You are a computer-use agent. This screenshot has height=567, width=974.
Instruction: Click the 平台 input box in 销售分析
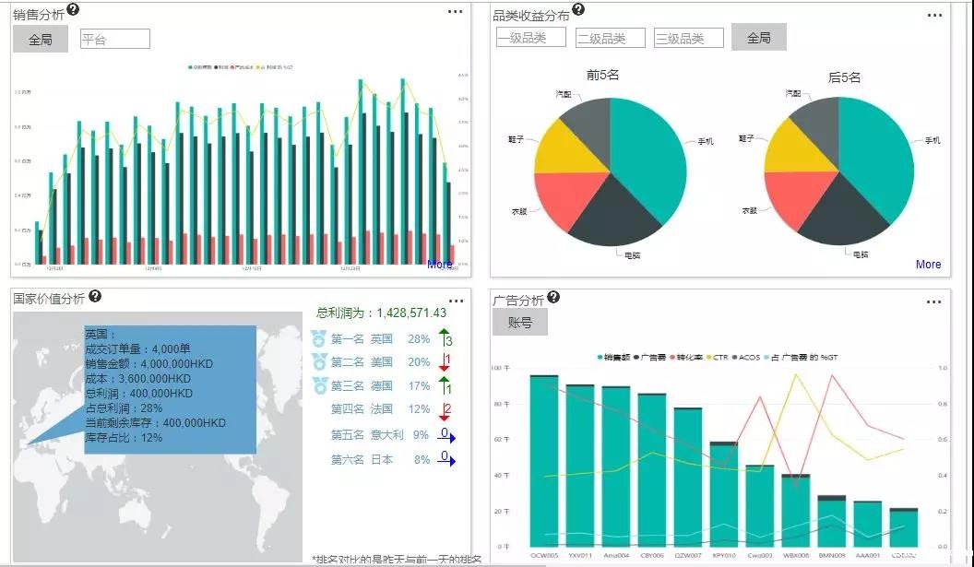click(x=114, y=39)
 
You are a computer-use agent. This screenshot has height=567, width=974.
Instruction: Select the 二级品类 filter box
click(x=611, y=38)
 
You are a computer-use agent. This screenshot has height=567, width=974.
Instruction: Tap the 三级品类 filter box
click(x=689, y=38)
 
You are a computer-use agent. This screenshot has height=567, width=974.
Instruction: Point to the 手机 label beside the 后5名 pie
click(x=932, y=140)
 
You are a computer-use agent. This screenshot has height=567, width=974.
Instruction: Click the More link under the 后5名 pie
click(x=928, y=265)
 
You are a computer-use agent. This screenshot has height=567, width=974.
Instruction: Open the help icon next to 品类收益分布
click(x=578, y=9)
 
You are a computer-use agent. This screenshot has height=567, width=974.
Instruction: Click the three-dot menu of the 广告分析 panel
click(x=934, y=301)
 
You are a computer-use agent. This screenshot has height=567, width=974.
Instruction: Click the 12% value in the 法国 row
click(x=420, y=409)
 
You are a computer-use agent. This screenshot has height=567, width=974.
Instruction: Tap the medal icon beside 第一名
click(x=319, y=338)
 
